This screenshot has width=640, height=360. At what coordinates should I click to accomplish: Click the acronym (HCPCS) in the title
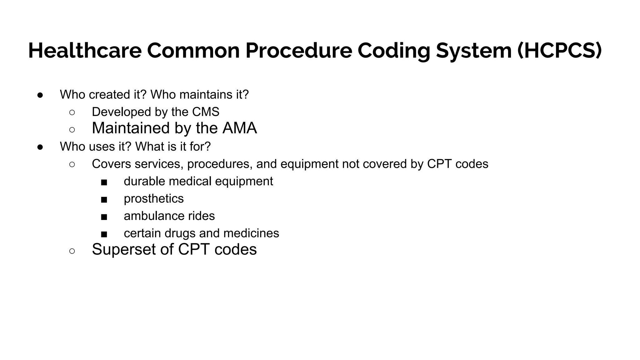[559, 51]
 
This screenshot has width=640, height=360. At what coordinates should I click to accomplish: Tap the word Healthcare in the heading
[85, 51]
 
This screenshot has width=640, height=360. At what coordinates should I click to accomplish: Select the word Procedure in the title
[299, 51]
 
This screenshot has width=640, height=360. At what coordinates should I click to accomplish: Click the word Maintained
[131, 128]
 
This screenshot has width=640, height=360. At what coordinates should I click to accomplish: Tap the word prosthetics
[154, 199]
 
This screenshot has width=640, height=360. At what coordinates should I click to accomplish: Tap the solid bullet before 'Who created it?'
[40, 95]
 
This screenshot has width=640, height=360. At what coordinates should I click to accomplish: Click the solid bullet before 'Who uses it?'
[40, 147]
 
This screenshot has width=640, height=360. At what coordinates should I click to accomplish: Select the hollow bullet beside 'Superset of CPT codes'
[72, 251]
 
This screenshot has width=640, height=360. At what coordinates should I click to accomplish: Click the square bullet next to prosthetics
[104, 199]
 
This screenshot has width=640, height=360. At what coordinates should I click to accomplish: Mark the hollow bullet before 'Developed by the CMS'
[72, 112]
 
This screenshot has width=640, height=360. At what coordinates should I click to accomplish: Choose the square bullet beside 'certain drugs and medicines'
[104, 234]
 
